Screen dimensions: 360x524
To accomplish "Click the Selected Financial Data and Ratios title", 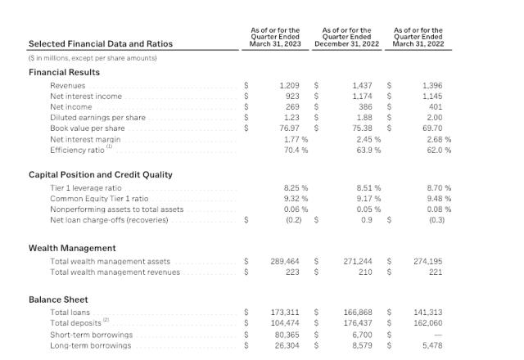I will click(x=101, y=43).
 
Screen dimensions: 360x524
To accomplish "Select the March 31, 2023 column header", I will click(x=275, y=38).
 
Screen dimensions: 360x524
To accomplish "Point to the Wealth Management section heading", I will click(x=72, y=248).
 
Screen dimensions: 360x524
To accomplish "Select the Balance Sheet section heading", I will click(x=58, y=299).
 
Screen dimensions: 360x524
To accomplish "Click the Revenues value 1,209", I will click(x=289, y=85).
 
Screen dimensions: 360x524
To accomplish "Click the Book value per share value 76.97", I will click(x=288, y=128).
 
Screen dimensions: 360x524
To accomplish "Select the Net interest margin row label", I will click(x=85, y=139).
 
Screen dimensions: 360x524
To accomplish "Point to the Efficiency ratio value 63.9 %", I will click(x=366, y=150).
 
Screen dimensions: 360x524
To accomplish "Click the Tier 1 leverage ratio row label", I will click(x=86, y=187).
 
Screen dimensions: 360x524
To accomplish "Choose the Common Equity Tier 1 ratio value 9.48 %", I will click(x=437, y=198).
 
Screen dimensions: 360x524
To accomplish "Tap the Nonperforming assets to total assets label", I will click(x=116, y=209).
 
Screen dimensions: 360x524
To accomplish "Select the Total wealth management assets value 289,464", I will click(x=285, y=261).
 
